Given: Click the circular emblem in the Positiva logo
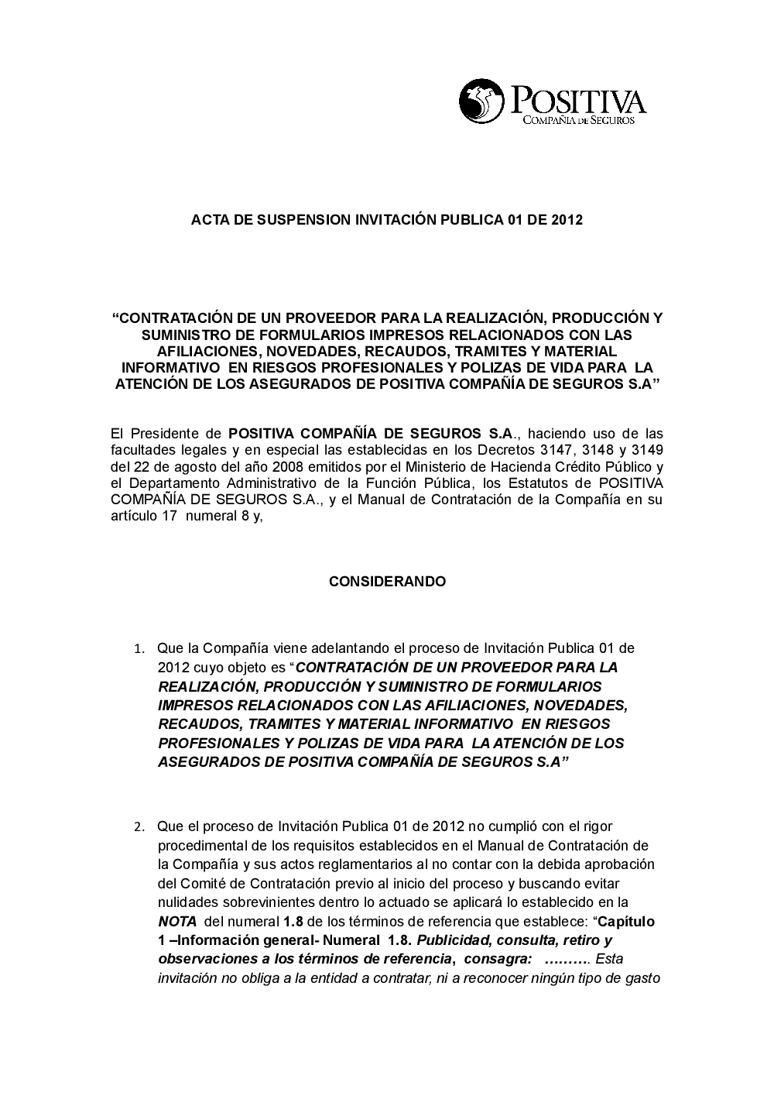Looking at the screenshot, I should tap(481, 101).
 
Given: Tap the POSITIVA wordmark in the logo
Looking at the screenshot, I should tap(577, 100).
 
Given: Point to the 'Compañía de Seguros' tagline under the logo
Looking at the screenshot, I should tap(579, 121).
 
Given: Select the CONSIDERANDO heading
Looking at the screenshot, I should tap(387, 581).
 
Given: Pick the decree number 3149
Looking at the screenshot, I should tap(647, 450).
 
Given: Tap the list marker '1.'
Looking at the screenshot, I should tap(139, 648).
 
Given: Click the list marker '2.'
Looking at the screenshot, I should tap(139, 827).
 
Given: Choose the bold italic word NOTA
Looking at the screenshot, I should tap(177, 922).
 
